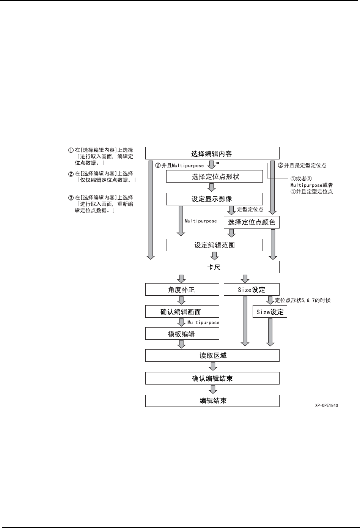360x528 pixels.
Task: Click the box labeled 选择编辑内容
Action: coord(212,154)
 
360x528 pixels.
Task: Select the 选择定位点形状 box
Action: coord(214,177)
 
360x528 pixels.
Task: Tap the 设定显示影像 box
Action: coord(214,199)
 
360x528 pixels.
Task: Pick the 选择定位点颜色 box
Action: coord(252,222)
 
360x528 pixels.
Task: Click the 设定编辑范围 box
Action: coord(214,245)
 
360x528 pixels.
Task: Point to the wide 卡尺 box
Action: coord(212,267)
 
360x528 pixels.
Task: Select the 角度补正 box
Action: coord(182,290)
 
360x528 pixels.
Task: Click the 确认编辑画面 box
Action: coord(182,312)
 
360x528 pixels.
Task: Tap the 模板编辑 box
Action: coord(182,334)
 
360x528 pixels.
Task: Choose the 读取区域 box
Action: coord(212,356)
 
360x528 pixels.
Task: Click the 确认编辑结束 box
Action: coord(212,378)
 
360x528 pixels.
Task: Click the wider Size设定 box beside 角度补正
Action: coord(252,290)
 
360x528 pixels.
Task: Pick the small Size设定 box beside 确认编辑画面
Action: coord(270,312)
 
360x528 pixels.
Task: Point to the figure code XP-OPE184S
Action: coord(326,405)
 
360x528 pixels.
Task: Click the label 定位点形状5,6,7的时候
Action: coord(303,300)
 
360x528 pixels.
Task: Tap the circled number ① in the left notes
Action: coord(71,150)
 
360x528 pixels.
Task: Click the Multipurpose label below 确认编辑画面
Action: coord(203,322)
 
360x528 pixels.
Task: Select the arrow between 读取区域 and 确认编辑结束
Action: coord(213,367)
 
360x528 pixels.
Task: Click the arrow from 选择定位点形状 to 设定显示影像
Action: coord(212,188)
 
